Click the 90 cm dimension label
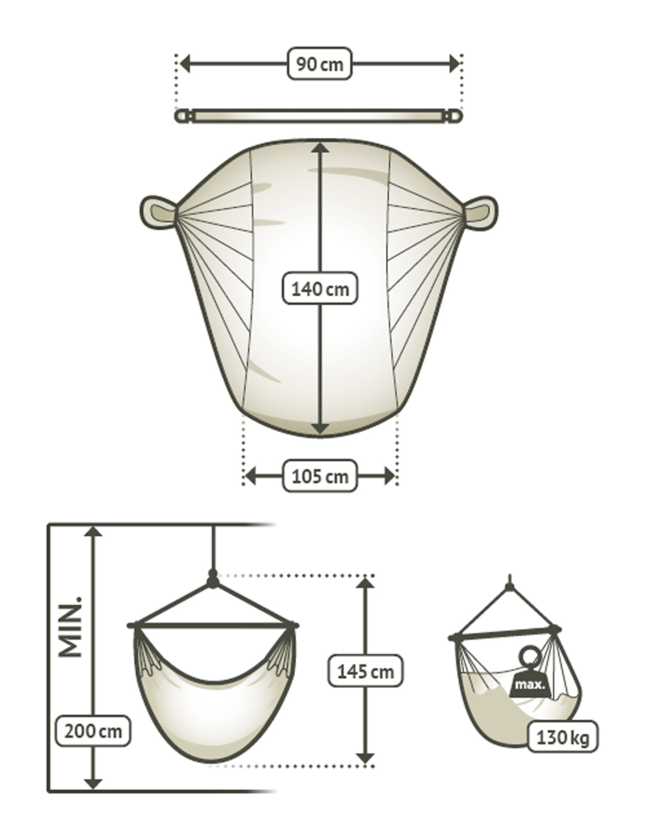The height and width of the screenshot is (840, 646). coord(319,65)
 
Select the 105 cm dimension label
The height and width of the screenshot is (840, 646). coord(320,476)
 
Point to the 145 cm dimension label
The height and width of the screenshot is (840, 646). coord(365,671)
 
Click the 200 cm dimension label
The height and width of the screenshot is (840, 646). coord(93,731)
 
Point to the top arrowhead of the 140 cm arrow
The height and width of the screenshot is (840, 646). coord(320,149)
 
